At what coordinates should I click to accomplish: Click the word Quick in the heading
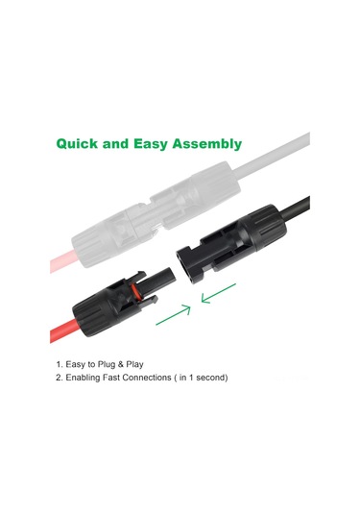[77, 144]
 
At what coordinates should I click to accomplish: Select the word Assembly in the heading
[207, 144]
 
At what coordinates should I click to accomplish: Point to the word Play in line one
[135, 364]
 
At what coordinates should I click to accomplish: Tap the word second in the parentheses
[211, 378]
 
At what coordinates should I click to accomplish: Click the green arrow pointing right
[174, 315]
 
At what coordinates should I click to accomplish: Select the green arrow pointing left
[218, 293]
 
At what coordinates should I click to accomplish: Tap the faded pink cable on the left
[62, 261]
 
